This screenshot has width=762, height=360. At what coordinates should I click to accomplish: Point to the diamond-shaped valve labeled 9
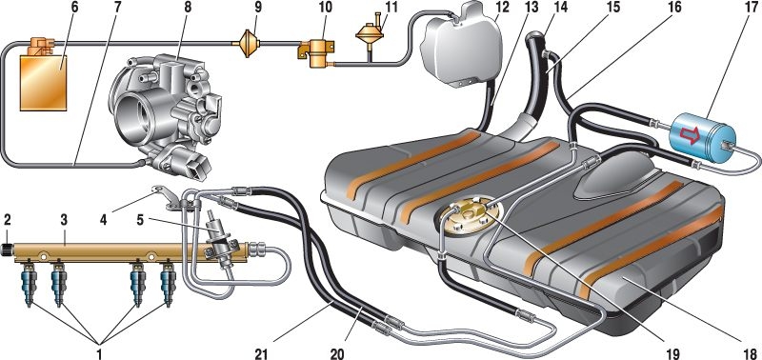248,43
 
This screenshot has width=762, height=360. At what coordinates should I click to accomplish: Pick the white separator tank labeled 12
462,46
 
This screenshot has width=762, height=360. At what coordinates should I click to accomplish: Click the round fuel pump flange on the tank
470,217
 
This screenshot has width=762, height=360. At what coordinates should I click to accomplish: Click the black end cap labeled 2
9,251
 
